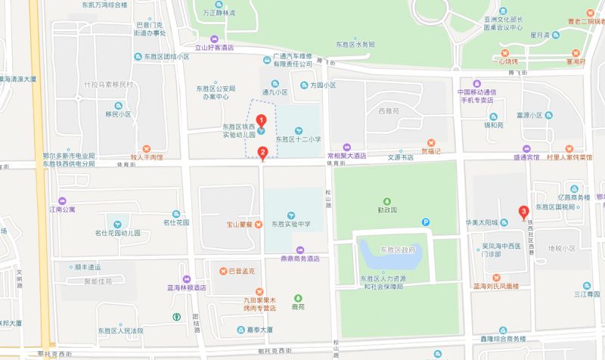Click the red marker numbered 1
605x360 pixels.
pos(262,119)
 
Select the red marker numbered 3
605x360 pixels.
pos(523,211)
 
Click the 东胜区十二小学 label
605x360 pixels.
pos(299,138)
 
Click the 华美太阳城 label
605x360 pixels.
pos(482,223)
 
